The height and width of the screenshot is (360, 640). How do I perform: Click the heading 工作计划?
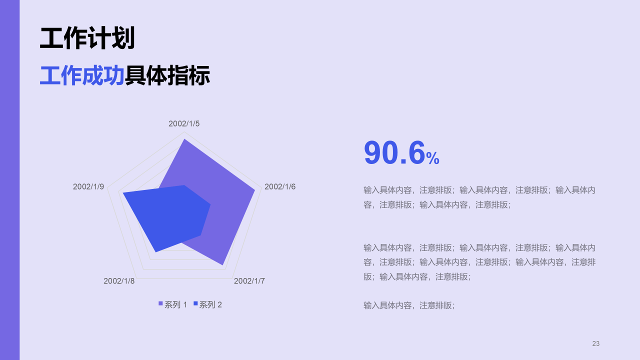87,38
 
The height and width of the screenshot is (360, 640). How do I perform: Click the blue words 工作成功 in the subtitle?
82,75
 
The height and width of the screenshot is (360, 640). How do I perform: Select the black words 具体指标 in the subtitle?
167,75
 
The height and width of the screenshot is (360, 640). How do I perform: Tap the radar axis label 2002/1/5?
184,123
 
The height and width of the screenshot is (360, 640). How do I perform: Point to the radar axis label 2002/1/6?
280,186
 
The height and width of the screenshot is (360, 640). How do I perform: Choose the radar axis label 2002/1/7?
249,281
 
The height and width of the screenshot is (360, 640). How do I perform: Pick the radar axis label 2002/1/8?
119,281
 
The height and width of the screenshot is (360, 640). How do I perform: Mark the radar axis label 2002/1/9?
88,186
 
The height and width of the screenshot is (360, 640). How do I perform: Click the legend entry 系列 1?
172,304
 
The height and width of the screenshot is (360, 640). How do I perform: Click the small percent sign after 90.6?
433,159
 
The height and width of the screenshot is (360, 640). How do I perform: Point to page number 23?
595,343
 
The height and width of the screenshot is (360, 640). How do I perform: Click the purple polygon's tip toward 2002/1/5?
184,139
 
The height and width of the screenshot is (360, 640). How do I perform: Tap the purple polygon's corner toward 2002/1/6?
254,190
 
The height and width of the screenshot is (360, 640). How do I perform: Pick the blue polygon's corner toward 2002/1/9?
123,192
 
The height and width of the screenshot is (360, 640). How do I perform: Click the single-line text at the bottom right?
409,305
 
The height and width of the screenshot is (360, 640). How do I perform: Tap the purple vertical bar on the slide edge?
9,180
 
